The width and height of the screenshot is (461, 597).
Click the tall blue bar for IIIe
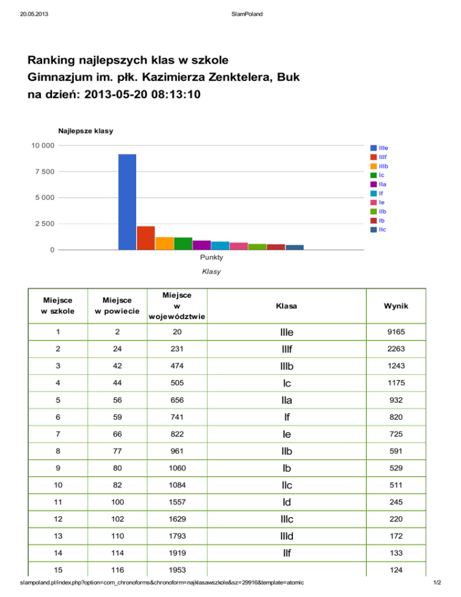pos(127,202)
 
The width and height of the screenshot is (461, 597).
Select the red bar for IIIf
pos(146,238)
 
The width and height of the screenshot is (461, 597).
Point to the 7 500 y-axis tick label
pos(44,172)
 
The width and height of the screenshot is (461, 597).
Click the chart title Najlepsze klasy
pos(86,131)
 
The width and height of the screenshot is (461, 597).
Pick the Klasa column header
pos(287,306)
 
